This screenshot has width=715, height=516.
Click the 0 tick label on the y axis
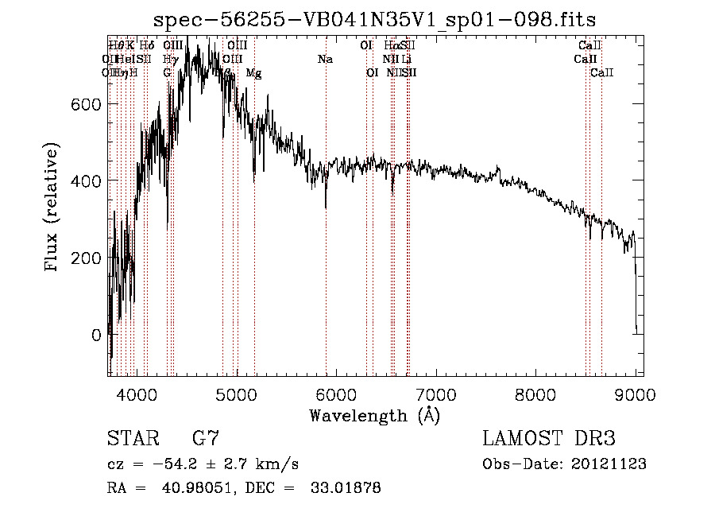97,336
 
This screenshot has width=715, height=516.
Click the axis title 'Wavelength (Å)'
374,415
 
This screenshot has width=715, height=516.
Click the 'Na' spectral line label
325,59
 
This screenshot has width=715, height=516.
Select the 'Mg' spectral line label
253,73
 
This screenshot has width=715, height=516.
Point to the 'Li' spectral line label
406,59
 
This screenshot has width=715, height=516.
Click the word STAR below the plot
131,439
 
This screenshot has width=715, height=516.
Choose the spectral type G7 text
206,439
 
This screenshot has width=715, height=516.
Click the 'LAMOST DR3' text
549,439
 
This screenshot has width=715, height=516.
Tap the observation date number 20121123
607,464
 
